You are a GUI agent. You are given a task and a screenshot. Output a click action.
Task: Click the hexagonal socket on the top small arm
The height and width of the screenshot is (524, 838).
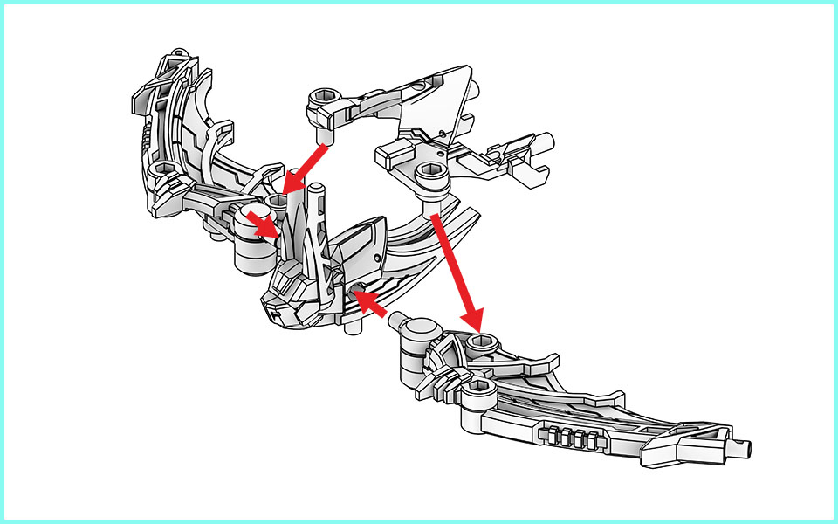324,96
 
